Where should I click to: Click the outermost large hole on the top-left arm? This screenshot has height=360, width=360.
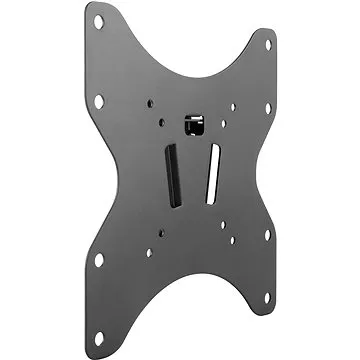click(98, 19)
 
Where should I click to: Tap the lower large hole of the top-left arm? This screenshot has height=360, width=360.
click(99, 101)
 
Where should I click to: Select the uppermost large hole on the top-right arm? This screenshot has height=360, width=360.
click(269, 44)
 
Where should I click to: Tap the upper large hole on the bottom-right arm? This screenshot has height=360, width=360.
click(267, 236)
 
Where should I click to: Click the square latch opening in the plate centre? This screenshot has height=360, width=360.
click(190, 125)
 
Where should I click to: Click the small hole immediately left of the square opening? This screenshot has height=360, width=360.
click(162, 121)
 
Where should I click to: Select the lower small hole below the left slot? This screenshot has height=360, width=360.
click(149, 252)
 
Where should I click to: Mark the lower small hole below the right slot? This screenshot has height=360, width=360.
click(233, 241)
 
